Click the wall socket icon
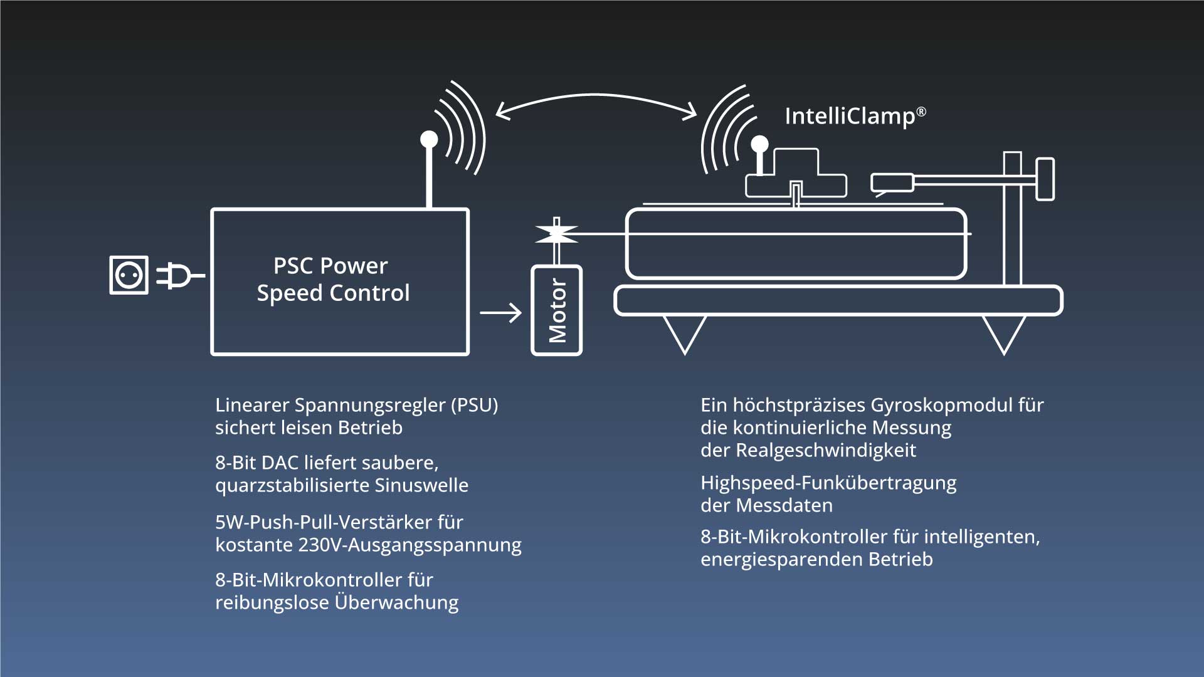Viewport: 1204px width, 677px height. click(129, 275)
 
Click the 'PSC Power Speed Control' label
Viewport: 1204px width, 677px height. click(332, 280)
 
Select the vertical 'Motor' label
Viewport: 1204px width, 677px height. click(557, 311)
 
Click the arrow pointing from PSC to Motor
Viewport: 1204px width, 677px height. click(500, 312)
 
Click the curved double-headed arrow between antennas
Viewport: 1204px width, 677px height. click(596, 100)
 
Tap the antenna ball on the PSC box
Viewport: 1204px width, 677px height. click(429, 139)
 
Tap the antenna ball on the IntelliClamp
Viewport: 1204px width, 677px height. click(759, 144)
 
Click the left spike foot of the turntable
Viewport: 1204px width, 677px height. click(684, 332)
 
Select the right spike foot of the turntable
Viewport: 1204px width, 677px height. click(1003, 332)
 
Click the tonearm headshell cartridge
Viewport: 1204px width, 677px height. click(892, 182)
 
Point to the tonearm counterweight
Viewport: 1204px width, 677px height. click(1045, 179)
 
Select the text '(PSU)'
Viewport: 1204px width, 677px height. click(474, 405)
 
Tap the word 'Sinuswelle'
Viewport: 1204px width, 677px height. click(421, 485)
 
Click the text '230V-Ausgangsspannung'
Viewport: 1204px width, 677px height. click(409, 545)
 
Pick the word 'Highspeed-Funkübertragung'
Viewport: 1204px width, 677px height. click(828, 483)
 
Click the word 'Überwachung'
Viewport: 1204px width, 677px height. click(396, 602)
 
